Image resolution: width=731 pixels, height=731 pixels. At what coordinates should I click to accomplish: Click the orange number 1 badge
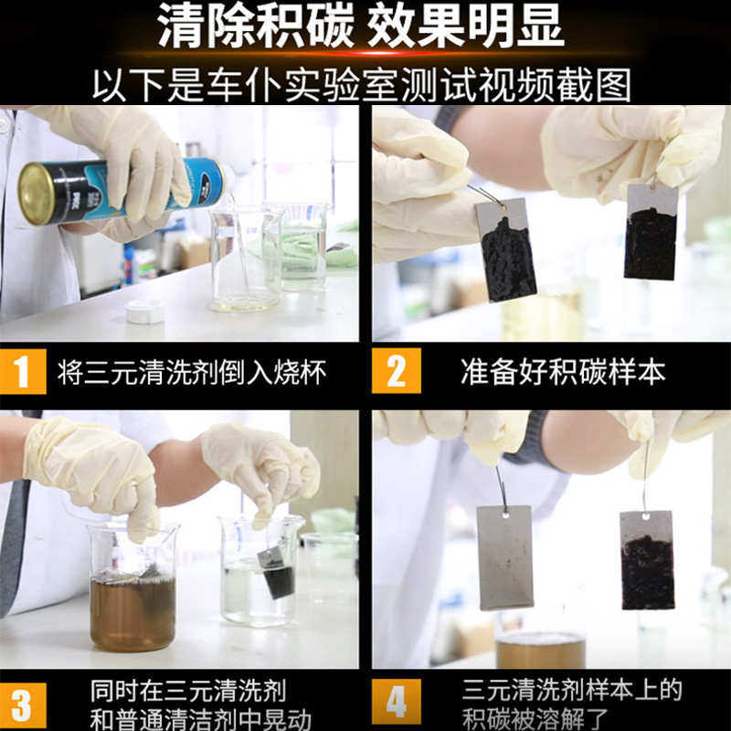coord(23,371)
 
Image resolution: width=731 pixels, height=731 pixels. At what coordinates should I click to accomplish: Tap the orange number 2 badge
coord(397,371)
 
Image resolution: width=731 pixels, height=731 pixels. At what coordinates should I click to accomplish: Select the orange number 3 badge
coord(23,705)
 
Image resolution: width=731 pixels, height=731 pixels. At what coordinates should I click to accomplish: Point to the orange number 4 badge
coord(397,701)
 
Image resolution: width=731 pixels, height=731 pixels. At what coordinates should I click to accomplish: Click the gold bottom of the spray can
coord(35,194)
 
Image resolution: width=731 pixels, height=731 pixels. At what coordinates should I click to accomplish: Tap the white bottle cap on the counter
coord(145,312)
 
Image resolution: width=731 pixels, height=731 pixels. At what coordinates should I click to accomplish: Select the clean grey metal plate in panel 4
coord(505,557)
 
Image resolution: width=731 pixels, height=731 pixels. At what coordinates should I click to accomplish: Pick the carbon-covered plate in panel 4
coord(647,560)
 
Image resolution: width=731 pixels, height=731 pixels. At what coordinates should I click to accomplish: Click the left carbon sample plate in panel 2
coord(506,249)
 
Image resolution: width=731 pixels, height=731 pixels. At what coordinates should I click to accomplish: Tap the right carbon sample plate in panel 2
coord(651,232)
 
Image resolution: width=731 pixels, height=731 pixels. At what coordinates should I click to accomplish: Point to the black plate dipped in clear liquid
coord(277,573)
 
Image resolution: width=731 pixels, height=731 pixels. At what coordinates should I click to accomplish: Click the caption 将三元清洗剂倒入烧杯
coord(192,372)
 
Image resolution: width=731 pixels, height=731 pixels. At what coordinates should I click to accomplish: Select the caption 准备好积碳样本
coord(563,372)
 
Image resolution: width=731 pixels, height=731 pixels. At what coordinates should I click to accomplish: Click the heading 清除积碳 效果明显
coord(360,26)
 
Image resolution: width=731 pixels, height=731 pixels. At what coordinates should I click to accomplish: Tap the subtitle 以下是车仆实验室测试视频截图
coord(362,84)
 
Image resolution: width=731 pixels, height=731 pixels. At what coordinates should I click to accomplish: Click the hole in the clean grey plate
coord(506,514)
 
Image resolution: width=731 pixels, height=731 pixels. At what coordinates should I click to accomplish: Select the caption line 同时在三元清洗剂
coord(188,691)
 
